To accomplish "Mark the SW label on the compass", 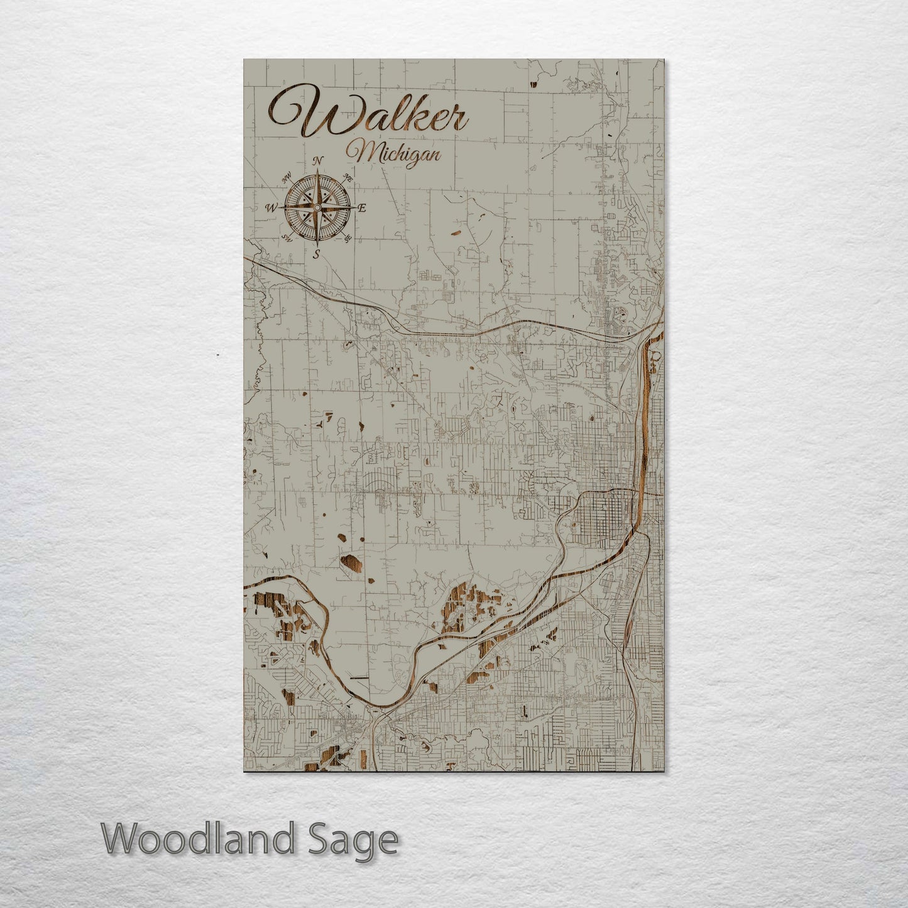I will pos(287,238).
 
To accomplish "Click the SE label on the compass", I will pos(347,238).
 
